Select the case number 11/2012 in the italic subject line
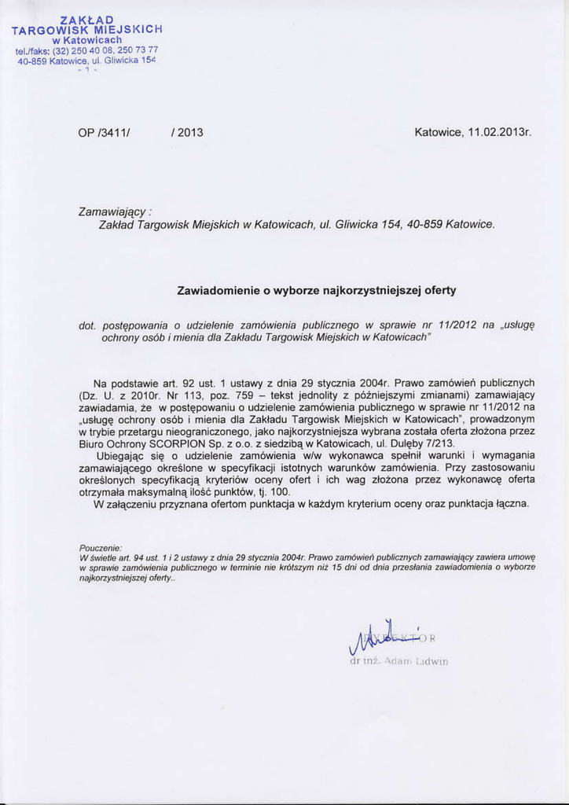tap(456, 324)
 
